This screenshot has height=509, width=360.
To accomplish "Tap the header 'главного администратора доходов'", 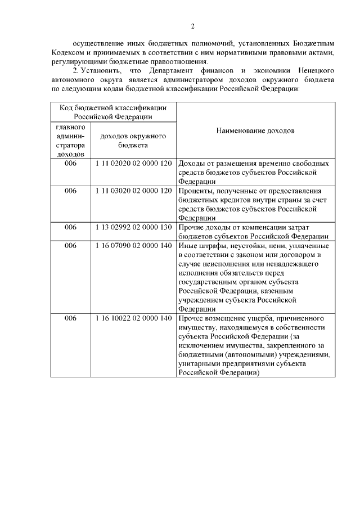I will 70,140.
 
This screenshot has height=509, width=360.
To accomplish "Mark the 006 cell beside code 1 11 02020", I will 70,163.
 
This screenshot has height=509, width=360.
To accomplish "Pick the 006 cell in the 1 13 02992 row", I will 70,227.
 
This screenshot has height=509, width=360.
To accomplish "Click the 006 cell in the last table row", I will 70,318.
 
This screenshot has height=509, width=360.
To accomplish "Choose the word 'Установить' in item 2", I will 106,71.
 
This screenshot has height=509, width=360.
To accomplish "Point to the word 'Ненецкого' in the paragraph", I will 316,71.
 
